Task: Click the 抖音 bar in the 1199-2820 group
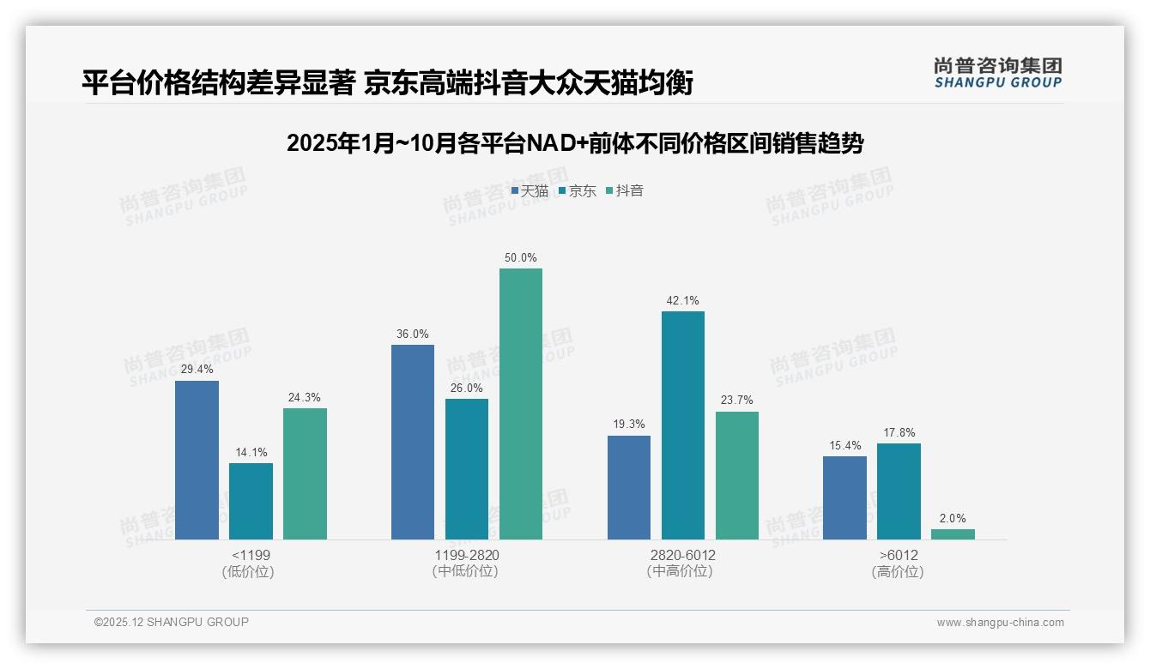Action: pos(521,404)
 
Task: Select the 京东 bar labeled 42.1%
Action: pos(682,425)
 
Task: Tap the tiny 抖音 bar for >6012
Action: pos(953,534)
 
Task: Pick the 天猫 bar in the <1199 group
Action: pos(197,460)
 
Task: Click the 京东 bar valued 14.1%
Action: pos(251,501)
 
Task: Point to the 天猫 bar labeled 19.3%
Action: pos(628,487)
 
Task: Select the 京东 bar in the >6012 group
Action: pos(899,491)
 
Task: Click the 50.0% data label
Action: pos(521,257)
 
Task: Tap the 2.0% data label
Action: pos(953,518)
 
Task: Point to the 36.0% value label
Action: pos(413,334)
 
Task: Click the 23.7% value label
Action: pos(736,401)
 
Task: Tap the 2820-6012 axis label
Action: pos(682,555)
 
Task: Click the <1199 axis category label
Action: pos(251,555)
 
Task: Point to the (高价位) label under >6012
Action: pos(898,572)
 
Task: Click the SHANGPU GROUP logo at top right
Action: pos(997,73)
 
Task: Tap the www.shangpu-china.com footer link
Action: pos(1000,623)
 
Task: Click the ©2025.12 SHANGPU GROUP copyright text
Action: pos(172,622)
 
